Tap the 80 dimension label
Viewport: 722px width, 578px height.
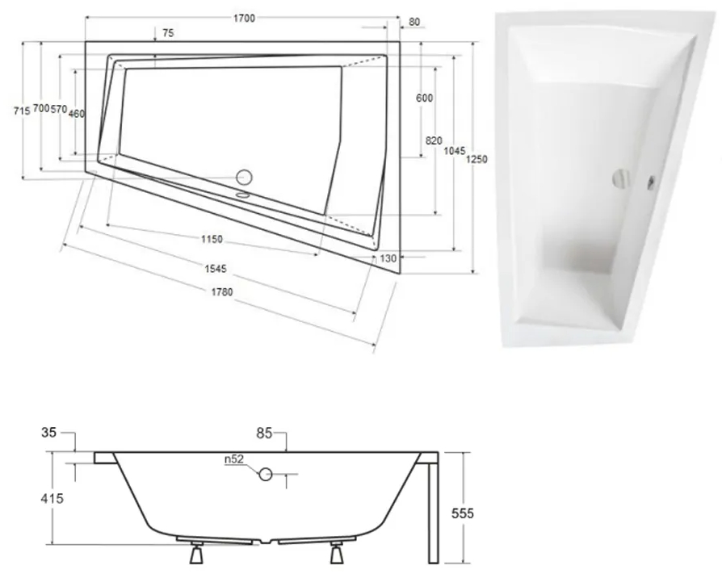414,22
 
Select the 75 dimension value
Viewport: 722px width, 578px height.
168,33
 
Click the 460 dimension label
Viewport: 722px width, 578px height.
77,114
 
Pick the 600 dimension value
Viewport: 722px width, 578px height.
425,98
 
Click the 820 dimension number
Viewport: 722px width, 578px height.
433,140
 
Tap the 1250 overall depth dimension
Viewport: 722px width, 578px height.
478,160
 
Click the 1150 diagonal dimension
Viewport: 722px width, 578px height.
212,240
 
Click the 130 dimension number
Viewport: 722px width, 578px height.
387,258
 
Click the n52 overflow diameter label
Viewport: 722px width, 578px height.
235,460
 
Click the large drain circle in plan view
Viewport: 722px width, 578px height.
243,177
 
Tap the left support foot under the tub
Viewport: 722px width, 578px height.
196,555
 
